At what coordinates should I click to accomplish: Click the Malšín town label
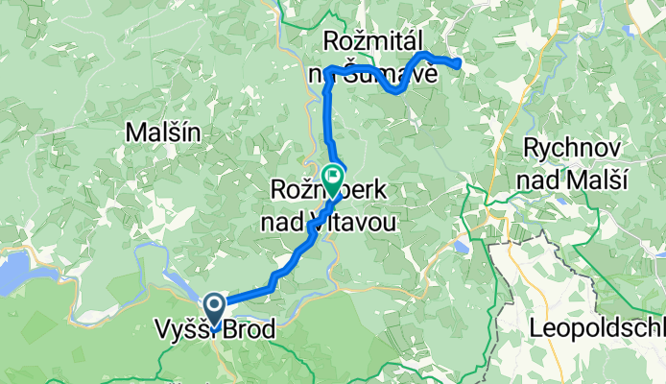[x=163, y=134]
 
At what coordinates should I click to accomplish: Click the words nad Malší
[x=575, y=179]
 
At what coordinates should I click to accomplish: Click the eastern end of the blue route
[x=460, y=64]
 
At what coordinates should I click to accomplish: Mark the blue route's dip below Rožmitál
[x=394, y=90]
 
